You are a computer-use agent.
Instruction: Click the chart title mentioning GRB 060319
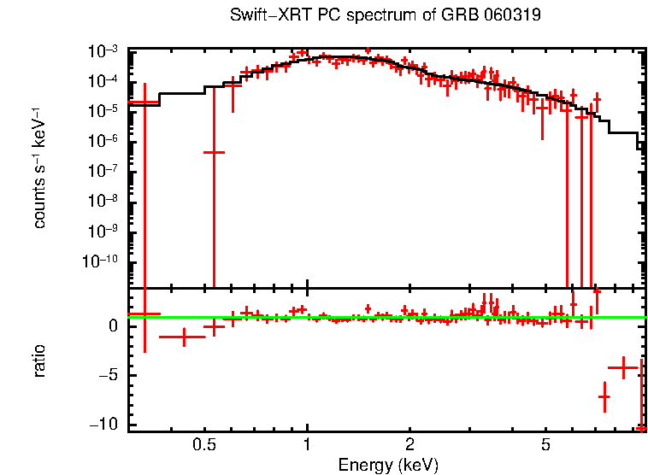386,16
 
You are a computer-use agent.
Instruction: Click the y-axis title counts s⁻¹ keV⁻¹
39,168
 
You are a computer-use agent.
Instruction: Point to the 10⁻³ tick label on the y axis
104,52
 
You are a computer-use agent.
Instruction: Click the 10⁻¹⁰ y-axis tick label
102,261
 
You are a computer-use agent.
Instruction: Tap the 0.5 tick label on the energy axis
203,445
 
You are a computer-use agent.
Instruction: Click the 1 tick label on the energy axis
307,445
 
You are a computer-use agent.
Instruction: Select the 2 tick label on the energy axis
410,445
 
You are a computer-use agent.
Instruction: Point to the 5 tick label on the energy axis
546,445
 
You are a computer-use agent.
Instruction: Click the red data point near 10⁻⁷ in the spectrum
214,152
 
